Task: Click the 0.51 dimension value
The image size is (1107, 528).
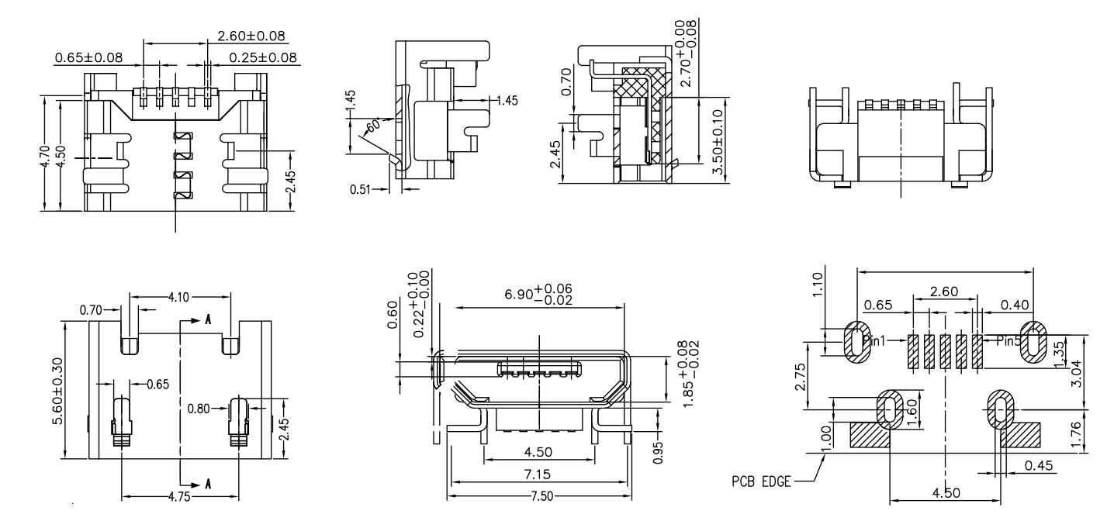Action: (x=361, y=189)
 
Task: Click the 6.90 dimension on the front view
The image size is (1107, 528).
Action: (x=538, y=295)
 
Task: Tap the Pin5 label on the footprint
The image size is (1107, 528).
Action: (x=1007, y=340)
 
